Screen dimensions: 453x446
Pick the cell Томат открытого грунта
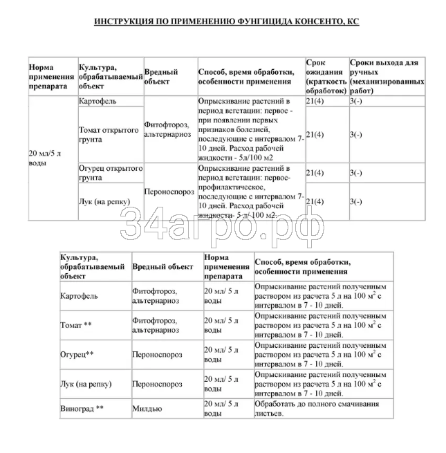coord(101,134)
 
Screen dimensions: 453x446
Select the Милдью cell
coord(145,409)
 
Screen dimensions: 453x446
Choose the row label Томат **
coord(77,325)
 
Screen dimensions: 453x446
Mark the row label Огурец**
coord(77,354)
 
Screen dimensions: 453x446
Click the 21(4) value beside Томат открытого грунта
coord(315,134)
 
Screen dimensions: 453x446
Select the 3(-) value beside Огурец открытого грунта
coord(356,173)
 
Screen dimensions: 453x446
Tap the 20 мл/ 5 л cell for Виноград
coord(221,409)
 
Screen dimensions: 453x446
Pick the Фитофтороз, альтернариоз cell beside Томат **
coord(156,325)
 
